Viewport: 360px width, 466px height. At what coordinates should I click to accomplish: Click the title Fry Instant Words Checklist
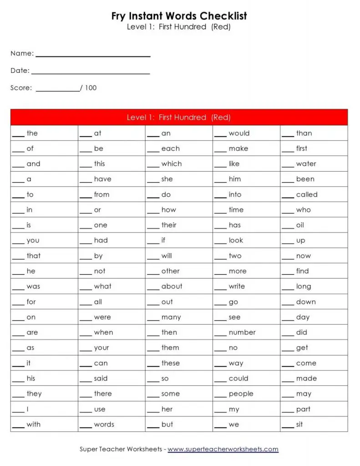(179, 16)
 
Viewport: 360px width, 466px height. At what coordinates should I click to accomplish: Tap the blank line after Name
(93, 56)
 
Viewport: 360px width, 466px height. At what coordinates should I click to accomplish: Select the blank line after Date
(91, 73)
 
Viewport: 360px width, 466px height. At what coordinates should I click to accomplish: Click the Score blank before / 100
(57, 91)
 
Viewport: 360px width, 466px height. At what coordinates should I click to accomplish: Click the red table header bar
(179, 117)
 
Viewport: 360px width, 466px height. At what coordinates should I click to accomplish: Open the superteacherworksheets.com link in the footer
(223, 449)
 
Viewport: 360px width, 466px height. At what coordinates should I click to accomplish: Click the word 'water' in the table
(306, 164)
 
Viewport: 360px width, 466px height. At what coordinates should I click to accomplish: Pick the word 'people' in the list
(241, 394)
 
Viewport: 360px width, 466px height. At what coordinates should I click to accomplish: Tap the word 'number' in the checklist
(242, 332)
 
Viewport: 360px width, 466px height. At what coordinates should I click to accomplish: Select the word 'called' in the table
(307, 194)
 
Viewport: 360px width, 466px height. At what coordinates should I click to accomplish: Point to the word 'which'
(171, 164)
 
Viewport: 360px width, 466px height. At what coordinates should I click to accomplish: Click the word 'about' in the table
(172, 286)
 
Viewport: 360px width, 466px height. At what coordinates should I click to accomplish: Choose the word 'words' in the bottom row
(104, 424)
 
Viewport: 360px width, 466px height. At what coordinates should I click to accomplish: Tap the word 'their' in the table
(169, 225)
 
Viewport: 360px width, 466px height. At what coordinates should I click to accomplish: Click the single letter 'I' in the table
(28, 409)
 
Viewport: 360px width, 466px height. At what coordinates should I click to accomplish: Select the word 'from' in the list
(101, 194)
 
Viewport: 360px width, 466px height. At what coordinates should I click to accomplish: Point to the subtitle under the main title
(179, 27)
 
